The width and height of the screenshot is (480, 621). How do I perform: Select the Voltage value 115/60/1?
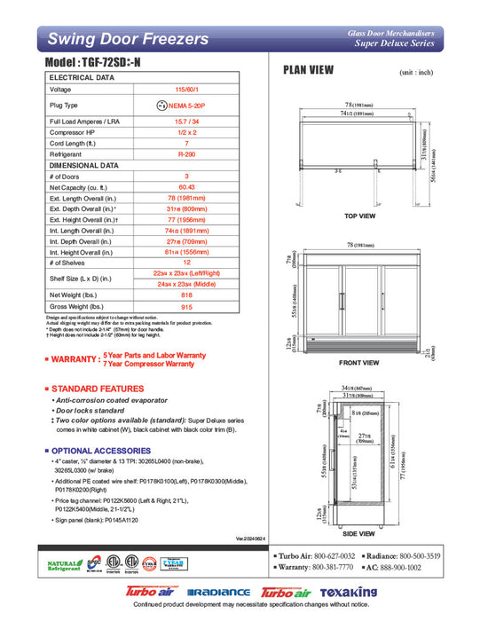tap(185, 90)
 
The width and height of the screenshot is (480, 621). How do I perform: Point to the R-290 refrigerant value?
tap(185, 153)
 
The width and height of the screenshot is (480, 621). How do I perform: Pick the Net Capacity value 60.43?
tap(185, 187)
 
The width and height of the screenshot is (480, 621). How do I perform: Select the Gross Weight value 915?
tap(185, 306)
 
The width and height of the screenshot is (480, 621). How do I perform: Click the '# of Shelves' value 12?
tap(185, 263)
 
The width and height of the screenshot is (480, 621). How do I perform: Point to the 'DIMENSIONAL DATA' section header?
tap(83, 165)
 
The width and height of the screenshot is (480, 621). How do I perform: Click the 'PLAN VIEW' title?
tap(308, 71)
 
